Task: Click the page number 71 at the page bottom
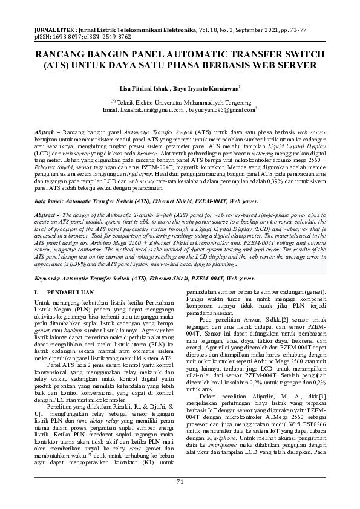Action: click(180, 481)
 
